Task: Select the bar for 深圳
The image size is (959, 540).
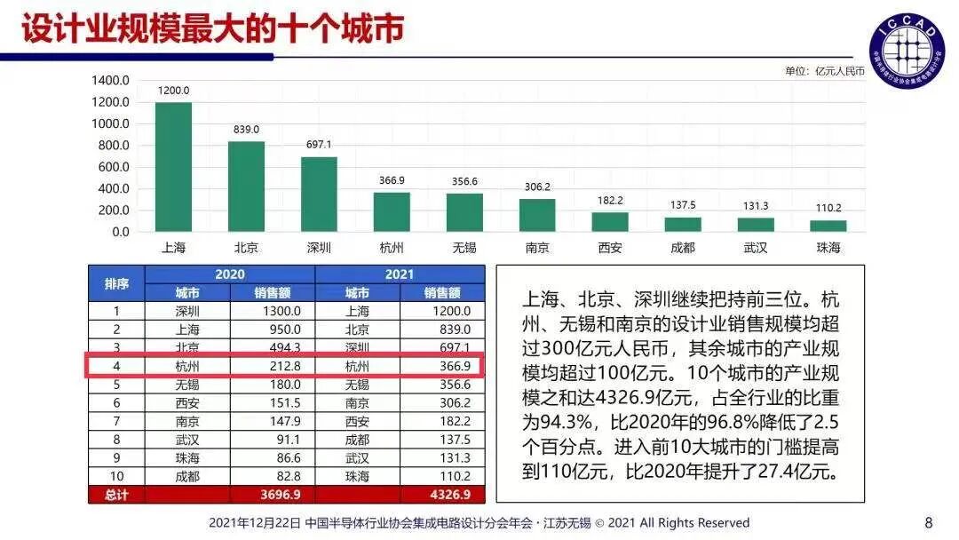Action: click(319, 195)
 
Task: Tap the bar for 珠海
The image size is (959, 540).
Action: click(828, 226)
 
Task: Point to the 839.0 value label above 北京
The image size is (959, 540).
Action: click(246, 130)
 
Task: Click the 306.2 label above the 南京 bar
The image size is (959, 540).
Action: click(537, 187)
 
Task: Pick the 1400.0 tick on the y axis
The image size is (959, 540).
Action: click(111, 81)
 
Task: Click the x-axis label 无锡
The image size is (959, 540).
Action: click(464, 248)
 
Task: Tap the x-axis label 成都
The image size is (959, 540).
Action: click(682, 248)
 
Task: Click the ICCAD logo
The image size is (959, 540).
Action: click(906, 50)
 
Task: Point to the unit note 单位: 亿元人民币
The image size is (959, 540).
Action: click(824, 71)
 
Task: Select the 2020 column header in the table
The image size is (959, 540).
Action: click(230, 274)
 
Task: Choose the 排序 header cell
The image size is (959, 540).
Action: click(116, 283)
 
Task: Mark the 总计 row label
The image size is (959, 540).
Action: click(116, 495)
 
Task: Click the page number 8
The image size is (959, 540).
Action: click(929, 522)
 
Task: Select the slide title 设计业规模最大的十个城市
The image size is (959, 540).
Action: click(213, 28)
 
